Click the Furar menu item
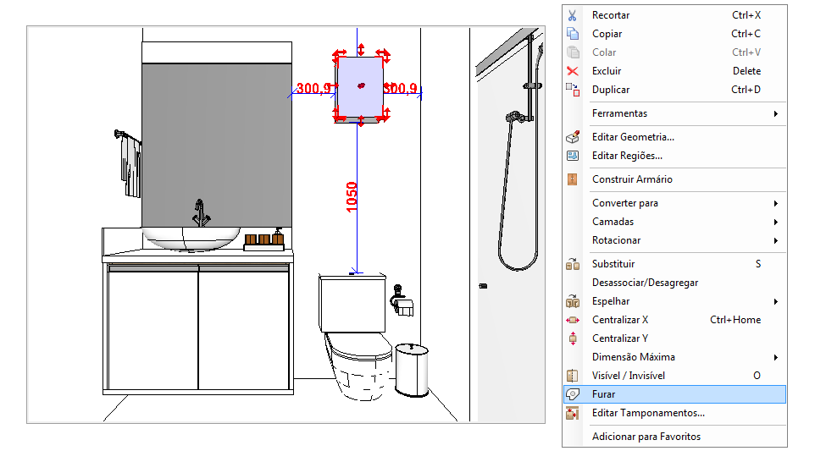point(603,394)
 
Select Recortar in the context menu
point(611,15)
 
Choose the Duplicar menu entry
point(611,90)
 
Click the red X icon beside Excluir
point(572,71)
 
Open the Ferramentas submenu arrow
point(775,113)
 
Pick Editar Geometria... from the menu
point(633,137)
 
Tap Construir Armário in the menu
point(632,179)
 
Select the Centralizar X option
point(620,320)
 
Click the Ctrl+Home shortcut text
point(735,320)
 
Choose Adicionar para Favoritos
point(646,437)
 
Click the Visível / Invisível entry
point(629,376)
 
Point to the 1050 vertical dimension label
point(352,197)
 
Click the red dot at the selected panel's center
point(361,85)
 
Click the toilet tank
point(353,304)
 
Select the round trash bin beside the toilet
point(412,370)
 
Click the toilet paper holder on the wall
point(402,300)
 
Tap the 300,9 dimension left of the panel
point(313,88)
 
